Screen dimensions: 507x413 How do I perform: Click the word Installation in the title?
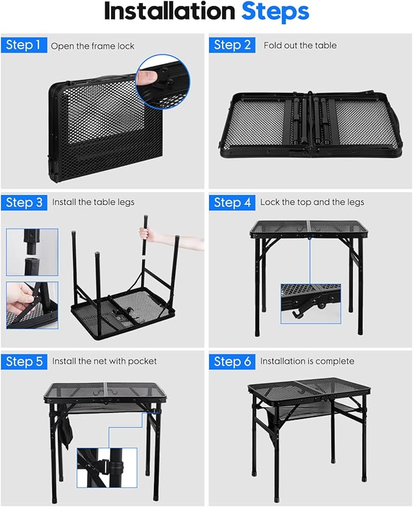point(169,12)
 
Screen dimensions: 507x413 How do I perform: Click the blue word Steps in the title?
point(275,12)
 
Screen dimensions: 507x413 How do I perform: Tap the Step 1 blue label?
point(24,46)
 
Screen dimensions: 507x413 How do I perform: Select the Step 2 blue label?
point(232,46)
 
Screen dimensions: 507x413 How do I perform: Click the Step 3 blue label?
point(25,202)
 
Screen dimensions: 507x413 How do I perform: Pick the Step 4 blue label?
point(232,202)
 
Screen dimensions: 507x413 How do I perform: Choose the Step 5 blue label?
point(25,362)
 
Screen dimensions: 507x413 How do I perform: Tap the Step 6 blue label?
point(232,362)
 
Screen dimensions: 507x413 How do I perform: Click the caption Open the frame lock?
point(92,46)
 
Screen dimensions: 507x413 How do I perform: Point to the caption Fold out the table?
point(300,46)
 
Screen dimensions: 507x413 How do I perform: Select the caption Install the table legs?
point(93,202)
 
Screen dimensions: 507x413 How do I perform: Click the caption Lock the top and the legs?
point(312,202)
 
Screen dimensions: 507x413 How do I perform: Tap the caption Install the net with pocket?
point(104,362)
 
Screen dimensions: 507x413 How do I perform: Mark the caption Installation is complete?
point(307,362)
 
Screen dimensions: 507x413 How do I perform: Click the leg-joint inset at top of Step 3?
point(32,252)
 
